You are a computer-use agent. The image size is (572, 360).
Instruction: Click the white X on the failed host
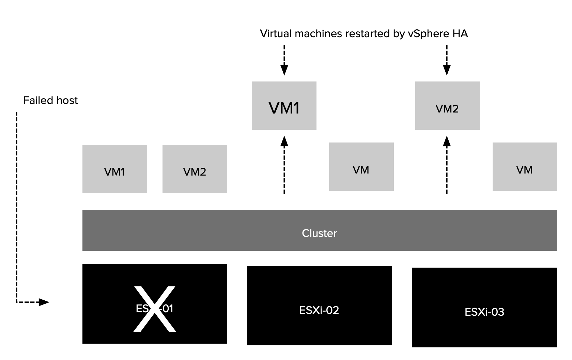[x=154, y=309]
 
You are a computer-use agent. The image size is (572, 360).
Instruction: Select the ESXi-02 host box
[x=319, y=305]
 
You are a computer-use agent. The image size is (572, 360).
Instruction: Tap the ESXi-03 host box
[x=484, y=307]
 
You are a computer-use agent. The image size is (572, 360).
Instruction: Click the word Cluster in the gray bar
[x=319, y=233]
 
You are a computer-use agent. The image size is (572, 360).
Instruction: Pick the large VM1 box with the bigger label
[x=284, y=106]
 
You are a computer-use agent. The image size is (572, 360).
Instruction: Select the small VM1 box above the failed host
[x=114, y=169]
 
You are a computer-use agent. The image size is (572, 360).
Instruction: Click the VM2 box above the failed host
[x=195, y=169]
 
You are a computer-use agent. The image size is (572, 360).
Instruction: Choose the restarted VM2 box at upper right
[x=447, y=106]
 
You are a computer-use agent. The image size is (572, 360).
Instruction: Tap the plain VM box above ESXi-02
[x=361, y=167]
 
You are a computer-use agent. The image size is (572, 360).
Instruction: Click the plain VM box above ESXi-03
[x=524, y=167]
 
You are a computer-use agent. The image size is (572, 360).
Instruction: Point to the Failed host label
[x=50, y=101]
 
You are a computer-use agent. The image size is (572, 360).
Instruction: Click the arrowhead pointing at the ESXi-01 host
[x=44, y=302]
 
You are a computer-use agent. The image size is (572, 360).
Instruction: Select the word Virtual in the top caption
[x=276, y=34]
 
